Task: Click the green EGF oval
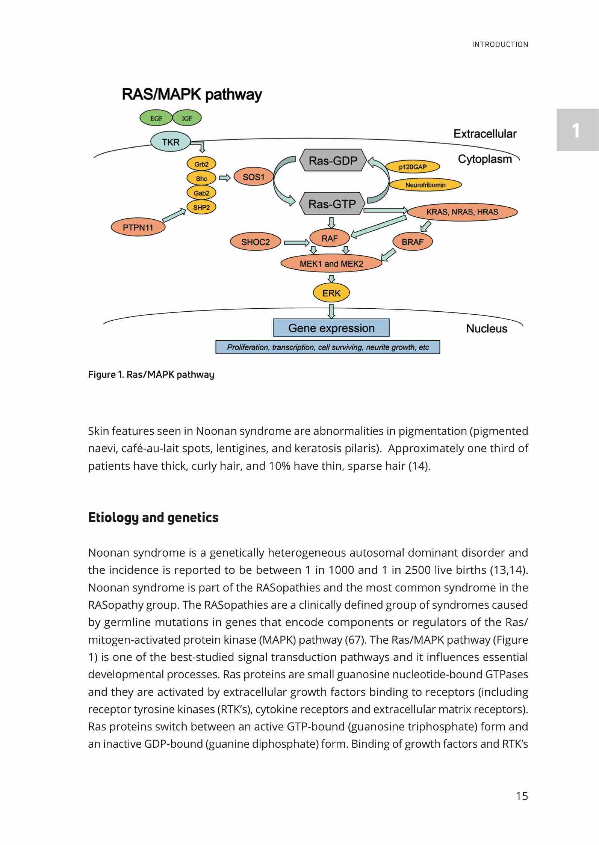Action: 156,118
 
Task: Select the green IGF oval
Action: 187,118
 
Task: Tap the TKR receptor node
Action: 171,142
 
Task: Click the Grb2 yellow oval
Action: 201,164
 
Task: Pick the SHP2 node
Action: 201,207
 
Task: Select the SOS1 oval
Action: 254,177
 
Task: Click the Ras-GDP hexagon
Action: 333,161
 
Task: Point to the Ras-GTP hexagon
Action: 332,204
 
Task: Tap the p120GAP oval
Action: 413,167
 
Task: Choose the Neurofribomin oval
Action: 425,185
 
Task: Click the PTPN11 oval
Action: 138,227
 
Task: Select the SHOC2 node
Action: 256,242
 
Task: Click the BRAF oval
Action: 412,242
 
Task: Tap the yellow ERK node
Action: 331,293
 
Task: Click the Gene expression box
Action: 331,328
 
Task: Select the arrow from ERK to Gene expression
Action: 331,311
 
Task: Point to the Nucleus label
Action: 487,329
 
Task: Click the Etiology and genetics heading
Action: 153,518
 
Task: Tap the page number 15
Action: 522,796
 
